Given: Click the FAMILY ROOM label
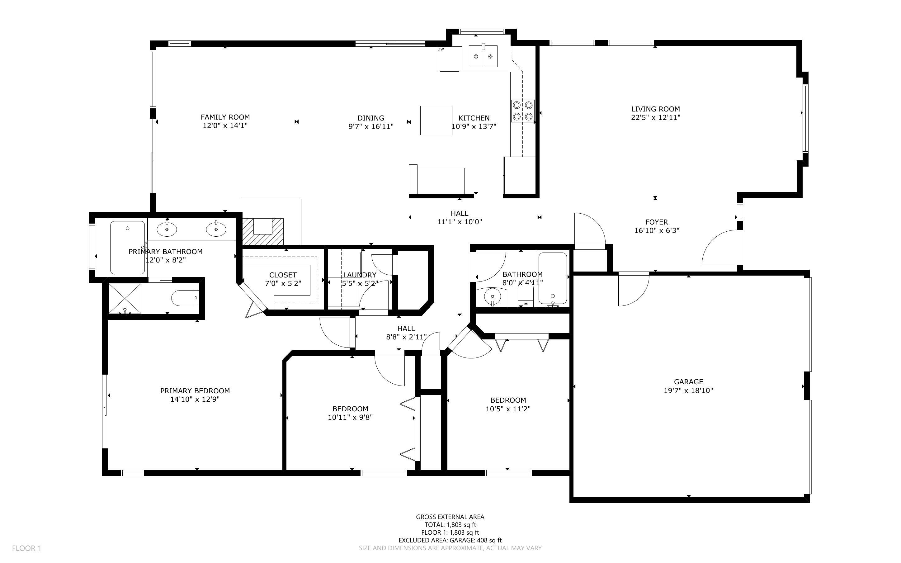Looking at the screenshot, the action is point(225,117).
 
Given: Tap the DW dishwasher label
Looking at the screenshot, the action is point(441,49).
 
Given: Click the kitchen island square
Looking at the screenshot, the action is point(436,120).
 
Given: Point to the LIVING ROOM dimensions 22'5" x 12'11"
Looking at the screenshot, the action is point(655,117).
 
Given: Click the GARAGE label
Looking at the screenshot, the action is point(688,382).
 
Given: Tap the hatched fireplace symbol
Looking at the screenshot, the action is point(263,231).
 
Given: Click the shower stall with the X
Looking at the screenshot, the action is point(125,299).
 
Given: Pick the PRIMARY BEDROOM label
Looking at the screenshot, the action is point(195,390).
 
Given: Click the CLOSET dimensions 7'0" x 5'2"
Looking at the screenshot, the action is point(283,283).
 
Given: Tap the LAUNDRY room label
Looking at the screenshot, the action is point(360,275).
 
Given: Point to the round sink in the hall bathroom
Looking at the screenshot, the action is point(493,296).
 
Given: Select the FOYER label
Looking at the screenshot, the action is point(657,222).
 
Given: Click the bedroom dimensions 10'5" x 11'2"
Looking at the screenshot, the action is point(508,409).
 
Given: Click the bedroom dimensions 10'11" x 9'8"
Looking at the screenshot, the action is point(350,417).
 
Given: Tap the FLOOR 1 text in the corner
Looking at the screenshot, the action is point(26,548).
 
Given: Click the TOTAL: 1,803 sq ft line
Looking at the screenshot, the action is point(450,525).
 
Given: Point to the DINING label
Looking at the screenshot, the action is point(371,118).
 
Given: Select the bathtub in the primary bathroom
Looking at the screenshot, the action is point(128,248).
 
